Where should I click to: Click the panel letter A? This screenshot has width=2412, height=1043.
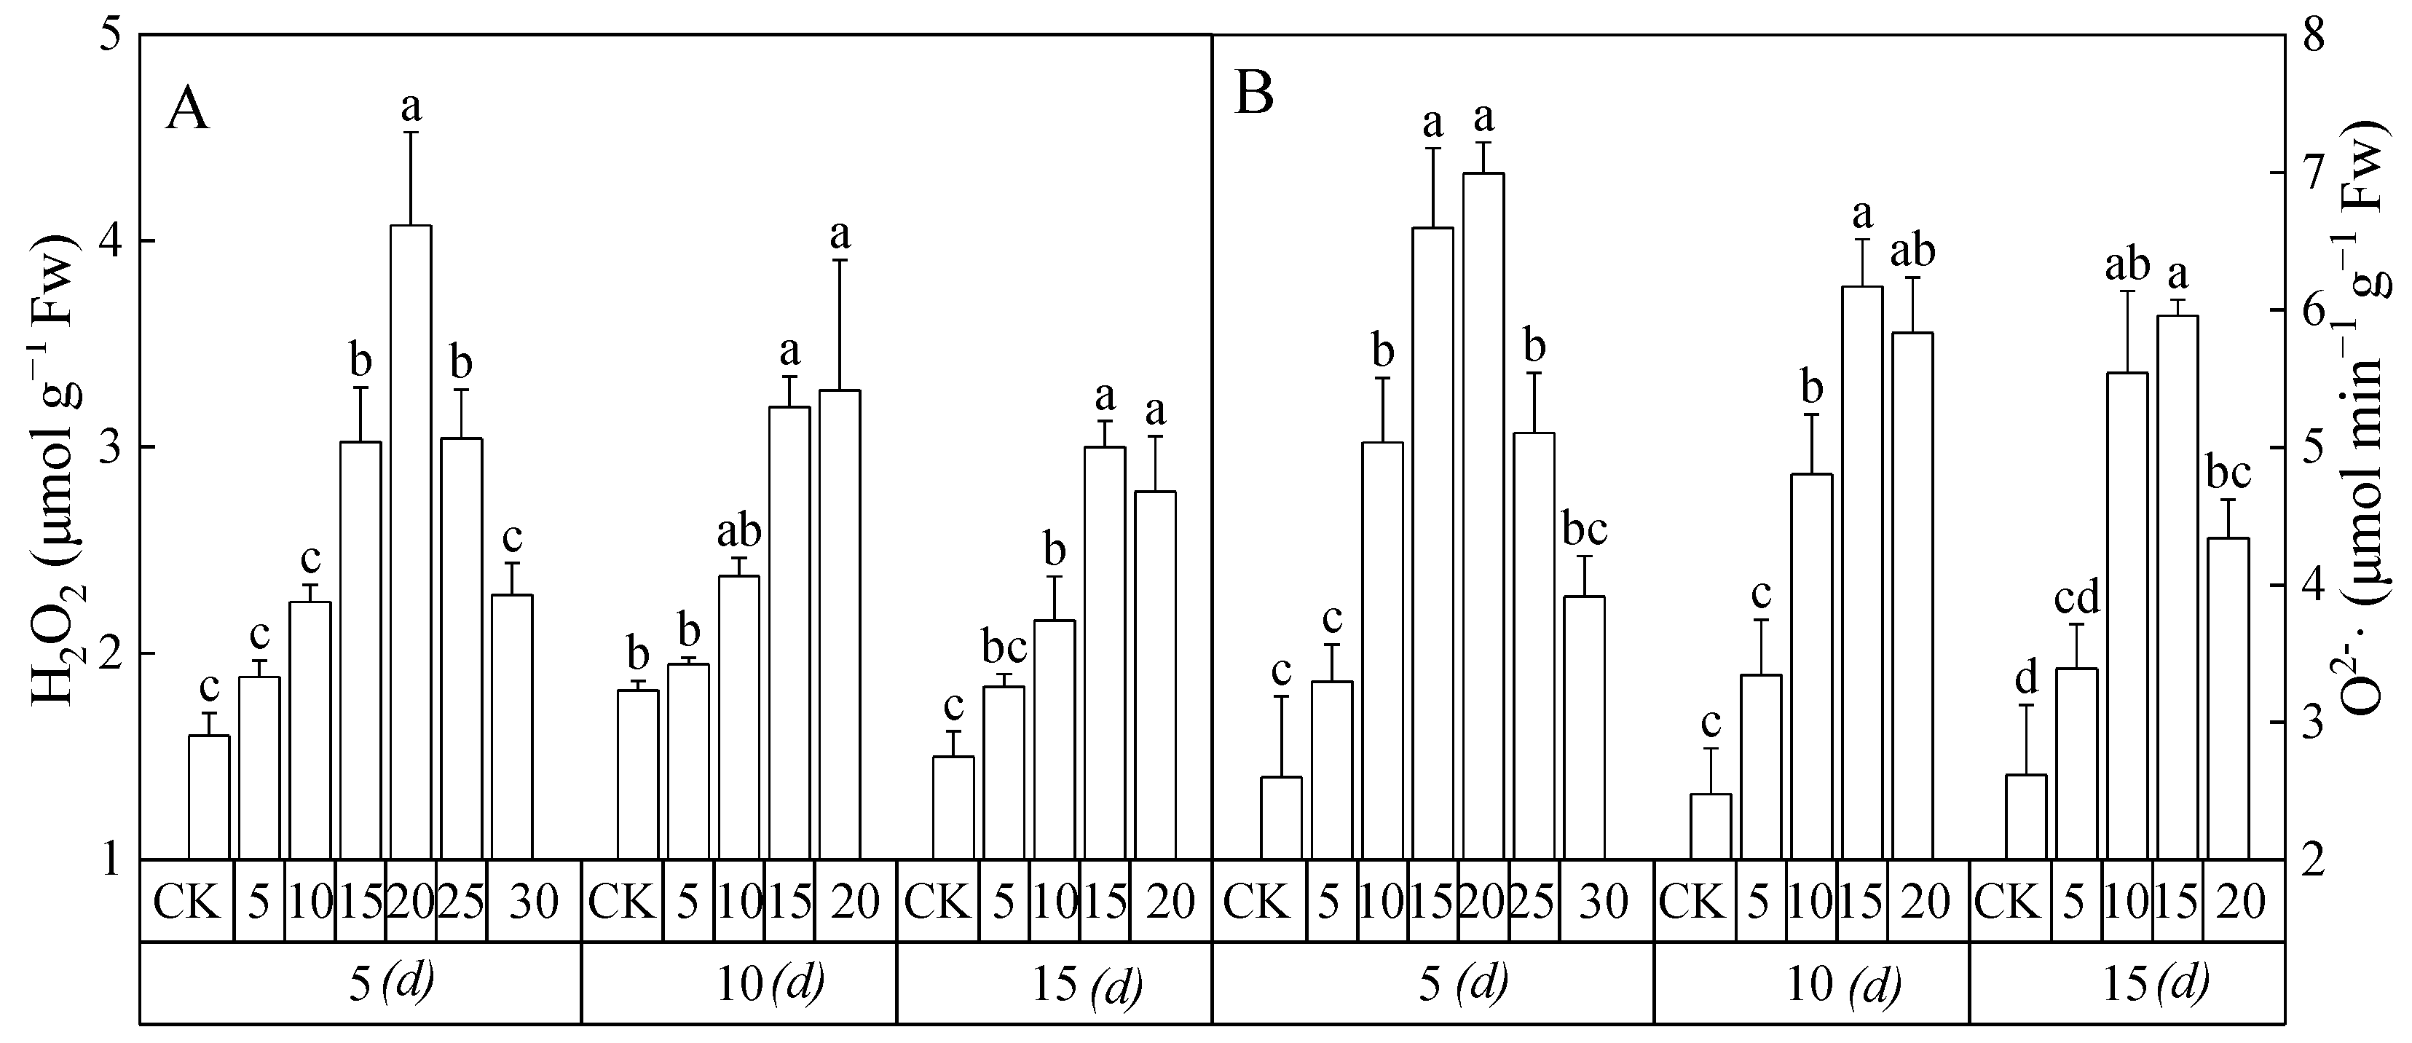pyautogui.click(x=187, y=111)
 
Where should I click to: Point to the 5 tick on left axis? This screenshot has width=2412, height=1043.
pyautogui.click(x=111, y=36)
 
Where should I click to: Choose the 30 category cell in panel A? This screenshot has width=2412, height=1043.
pyautogui.click(x=534, y=901)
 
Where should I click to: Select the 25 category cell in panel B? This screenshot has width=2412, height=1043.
pyautogui.click(x=1533, y=901)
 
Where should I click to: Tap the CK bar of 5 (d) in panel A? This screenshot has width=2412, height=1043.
pyautogui.click(x=210, y=797)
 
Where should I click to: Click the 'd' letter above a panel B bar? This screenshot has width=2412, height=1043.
pyautogui.click(x=2025, y=675)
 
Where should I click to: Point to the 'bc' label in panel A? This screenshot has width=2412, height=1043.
pyautogui.click(x=1004, y=647)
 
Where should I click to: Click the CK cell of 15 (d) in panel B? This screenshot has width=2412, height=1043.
pyautogui.click(x=2009, y=901)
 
